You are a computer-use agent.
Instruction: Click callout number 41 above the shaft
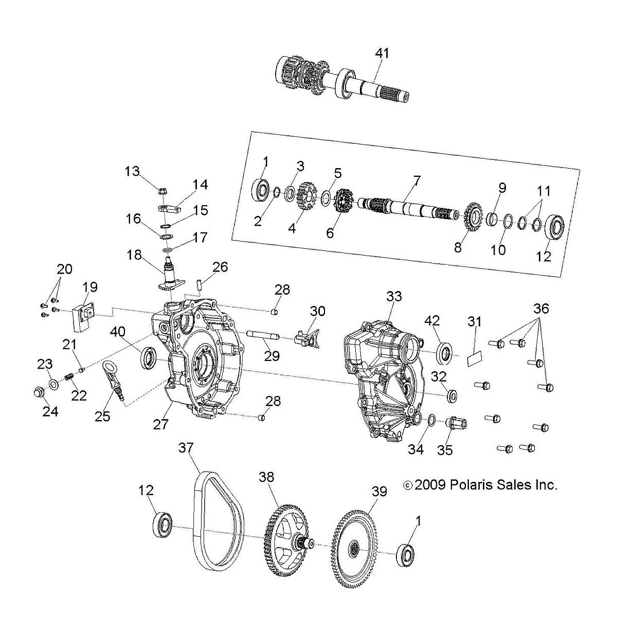tap(382, 53)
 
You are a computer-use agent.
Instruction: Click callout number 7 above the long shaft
tap(416, 180)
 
